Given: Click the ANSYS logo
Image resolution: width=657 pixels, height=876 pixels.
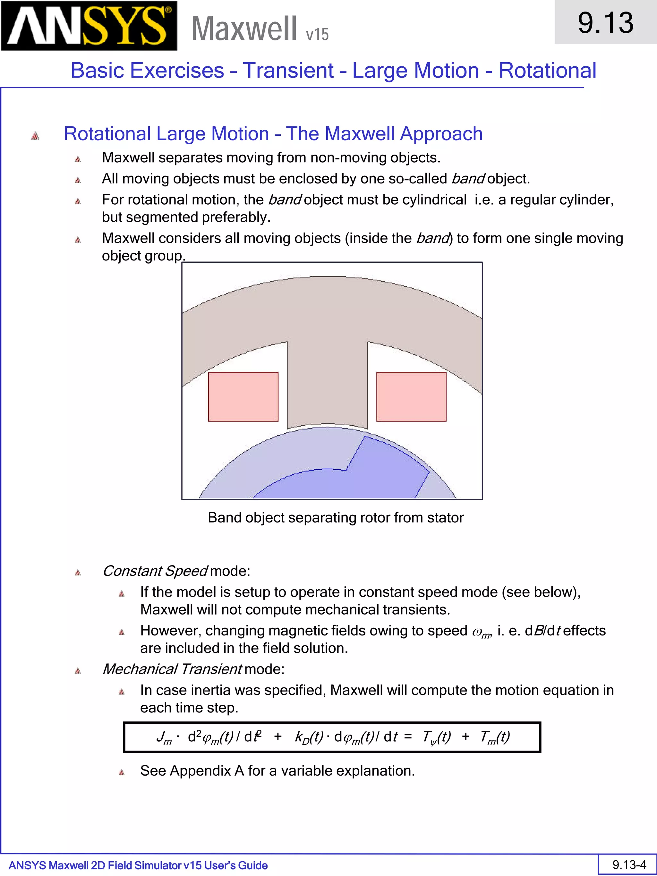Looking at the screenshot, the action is [89, 26].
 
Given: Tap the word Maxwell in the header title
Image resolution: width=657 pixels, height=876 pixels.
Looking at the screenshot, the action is [244, 29].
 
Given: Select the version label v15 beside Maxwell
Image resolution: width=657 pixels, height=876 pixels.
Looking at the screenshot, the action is [317, 34].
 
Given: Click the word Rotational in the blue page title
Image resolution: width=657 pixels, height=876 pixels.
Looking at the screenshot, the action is [547, 71].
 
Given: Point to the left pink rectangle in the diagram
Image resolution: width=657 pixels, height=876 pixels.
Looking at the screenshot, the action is [243, 396].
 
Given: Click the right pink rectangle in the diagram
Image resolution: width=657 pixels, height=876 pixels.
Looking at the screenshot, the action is [411, 396].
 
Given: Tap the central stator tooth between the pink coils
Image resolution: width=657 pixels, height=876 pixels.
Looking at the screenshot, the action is [327, 388].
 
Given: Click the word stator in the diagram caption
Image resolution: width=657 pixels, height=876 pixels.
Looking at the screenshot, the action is [445, 518].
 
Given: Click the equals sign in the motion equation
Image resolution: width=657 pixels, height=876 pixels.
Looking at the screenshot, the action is [408, 736].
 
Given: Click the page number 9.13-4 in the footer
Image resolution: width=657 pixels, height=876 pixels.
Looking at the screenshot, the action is [629, 864].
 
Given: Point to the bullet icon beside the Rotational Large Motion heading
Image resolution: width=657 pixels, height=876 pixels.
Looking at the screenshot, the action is [35, 136].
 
